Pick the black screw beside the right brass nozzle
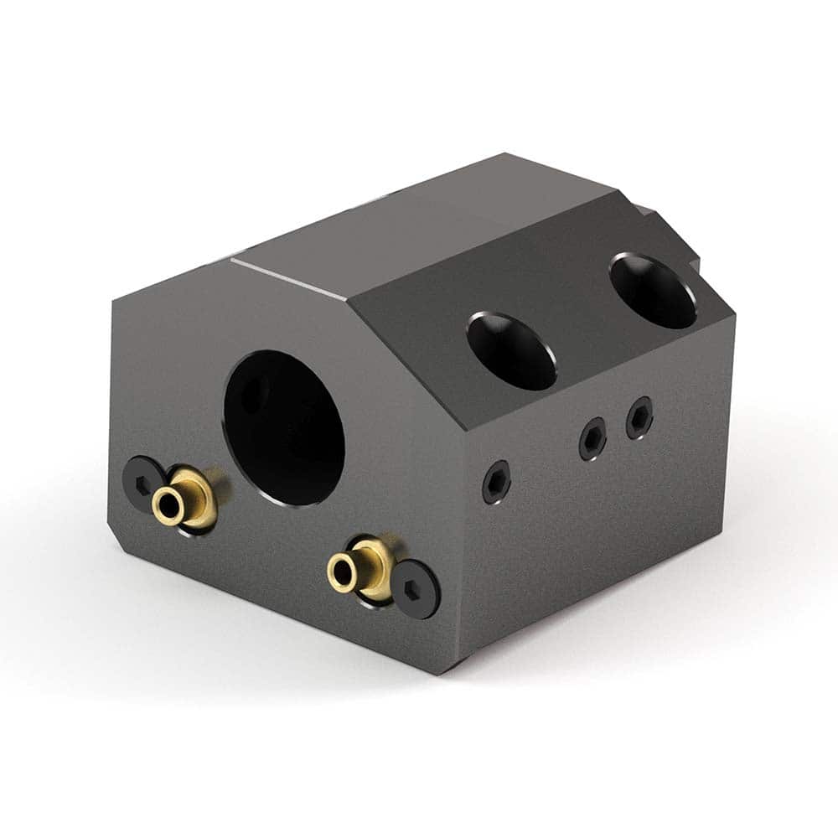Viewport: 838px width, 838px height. pos(416,589)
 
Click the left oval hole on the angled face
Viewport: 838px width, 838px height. pos(511,350)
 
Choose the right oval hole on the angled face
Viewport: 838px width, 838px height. pos(653,291)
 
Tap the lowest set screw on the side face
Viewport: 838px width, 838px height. pos(496,483)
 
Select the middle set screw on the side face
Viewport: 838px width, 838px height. pos(593,437)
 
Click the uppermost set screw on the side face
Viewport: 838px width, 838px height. pos(639,416)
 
